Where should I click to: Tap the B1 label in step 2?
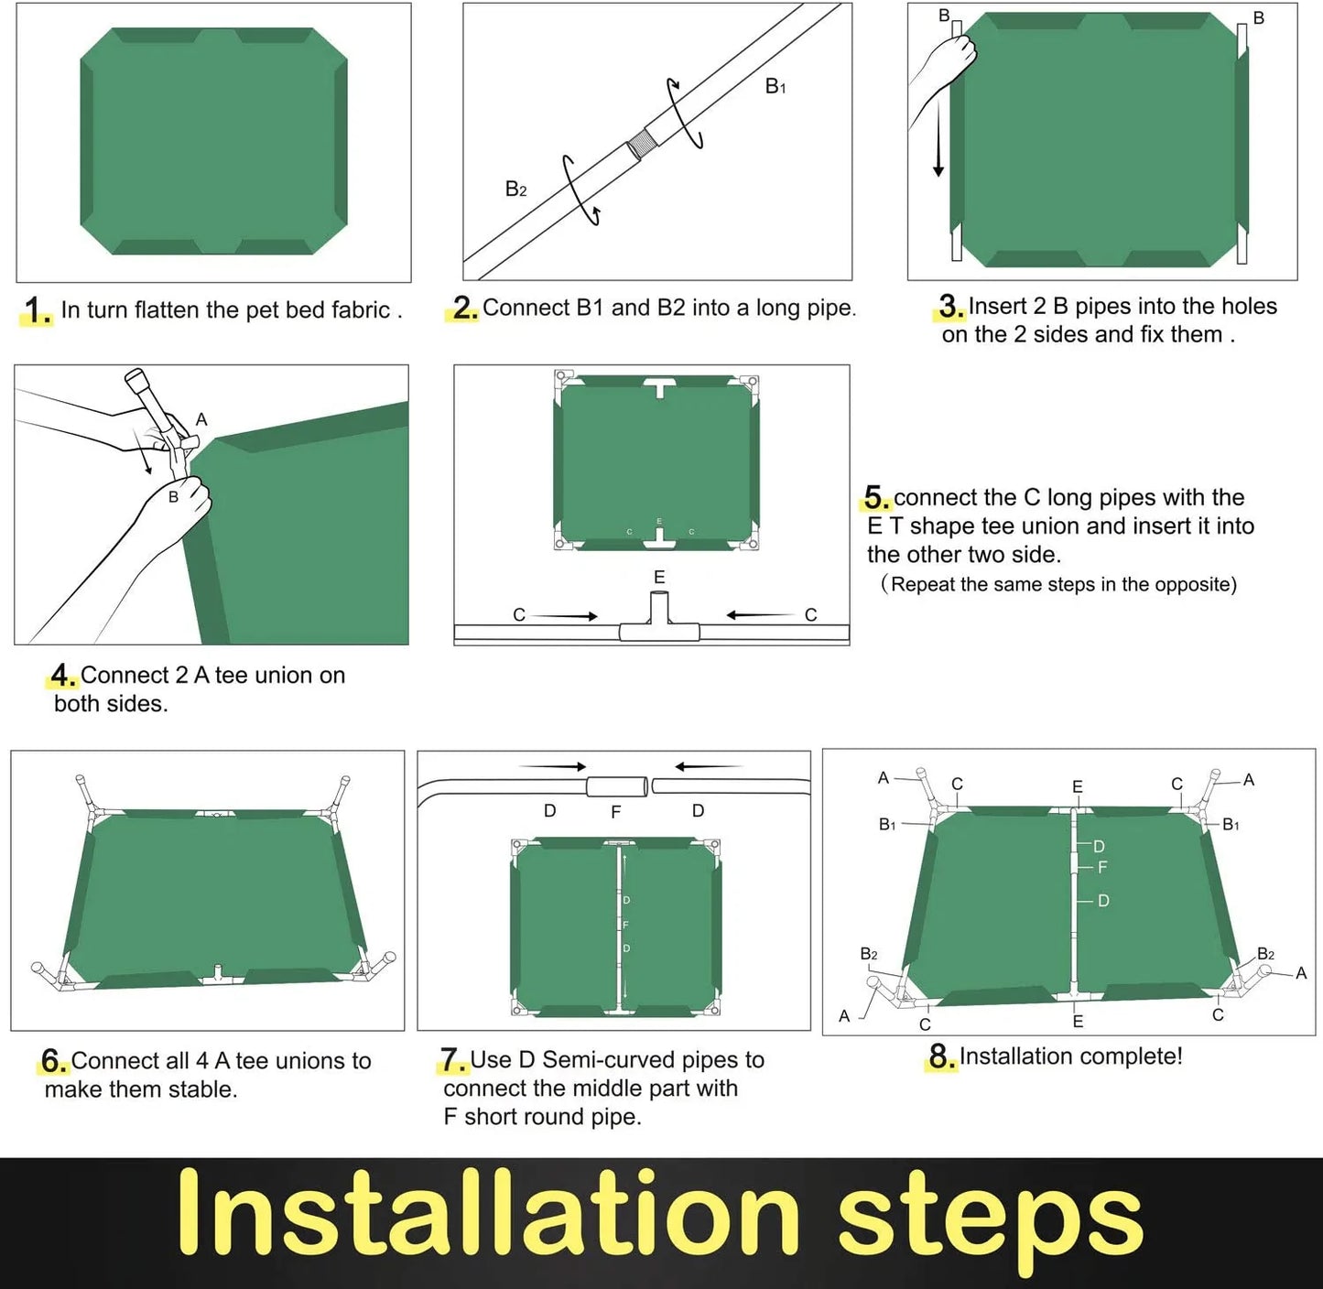(775, 86)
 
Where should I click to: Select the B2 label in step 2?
(516, 189)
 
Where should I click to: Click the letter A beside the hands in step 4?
(201, 419)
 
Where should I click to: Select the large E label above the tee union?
(659, 577)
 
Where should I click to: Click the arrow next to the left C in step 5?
(564, 616)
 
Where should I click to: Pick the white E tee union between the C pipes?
(659, 620)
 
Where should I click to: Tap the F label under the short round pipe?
(616, 812)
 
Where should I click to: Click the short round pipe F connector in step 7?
(616, 787)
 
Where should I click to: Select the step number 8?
(941, 1056)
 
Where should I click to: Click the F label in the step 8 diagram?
(1102, 867)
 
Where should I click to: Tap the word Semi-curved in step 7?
(609, 1060)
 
